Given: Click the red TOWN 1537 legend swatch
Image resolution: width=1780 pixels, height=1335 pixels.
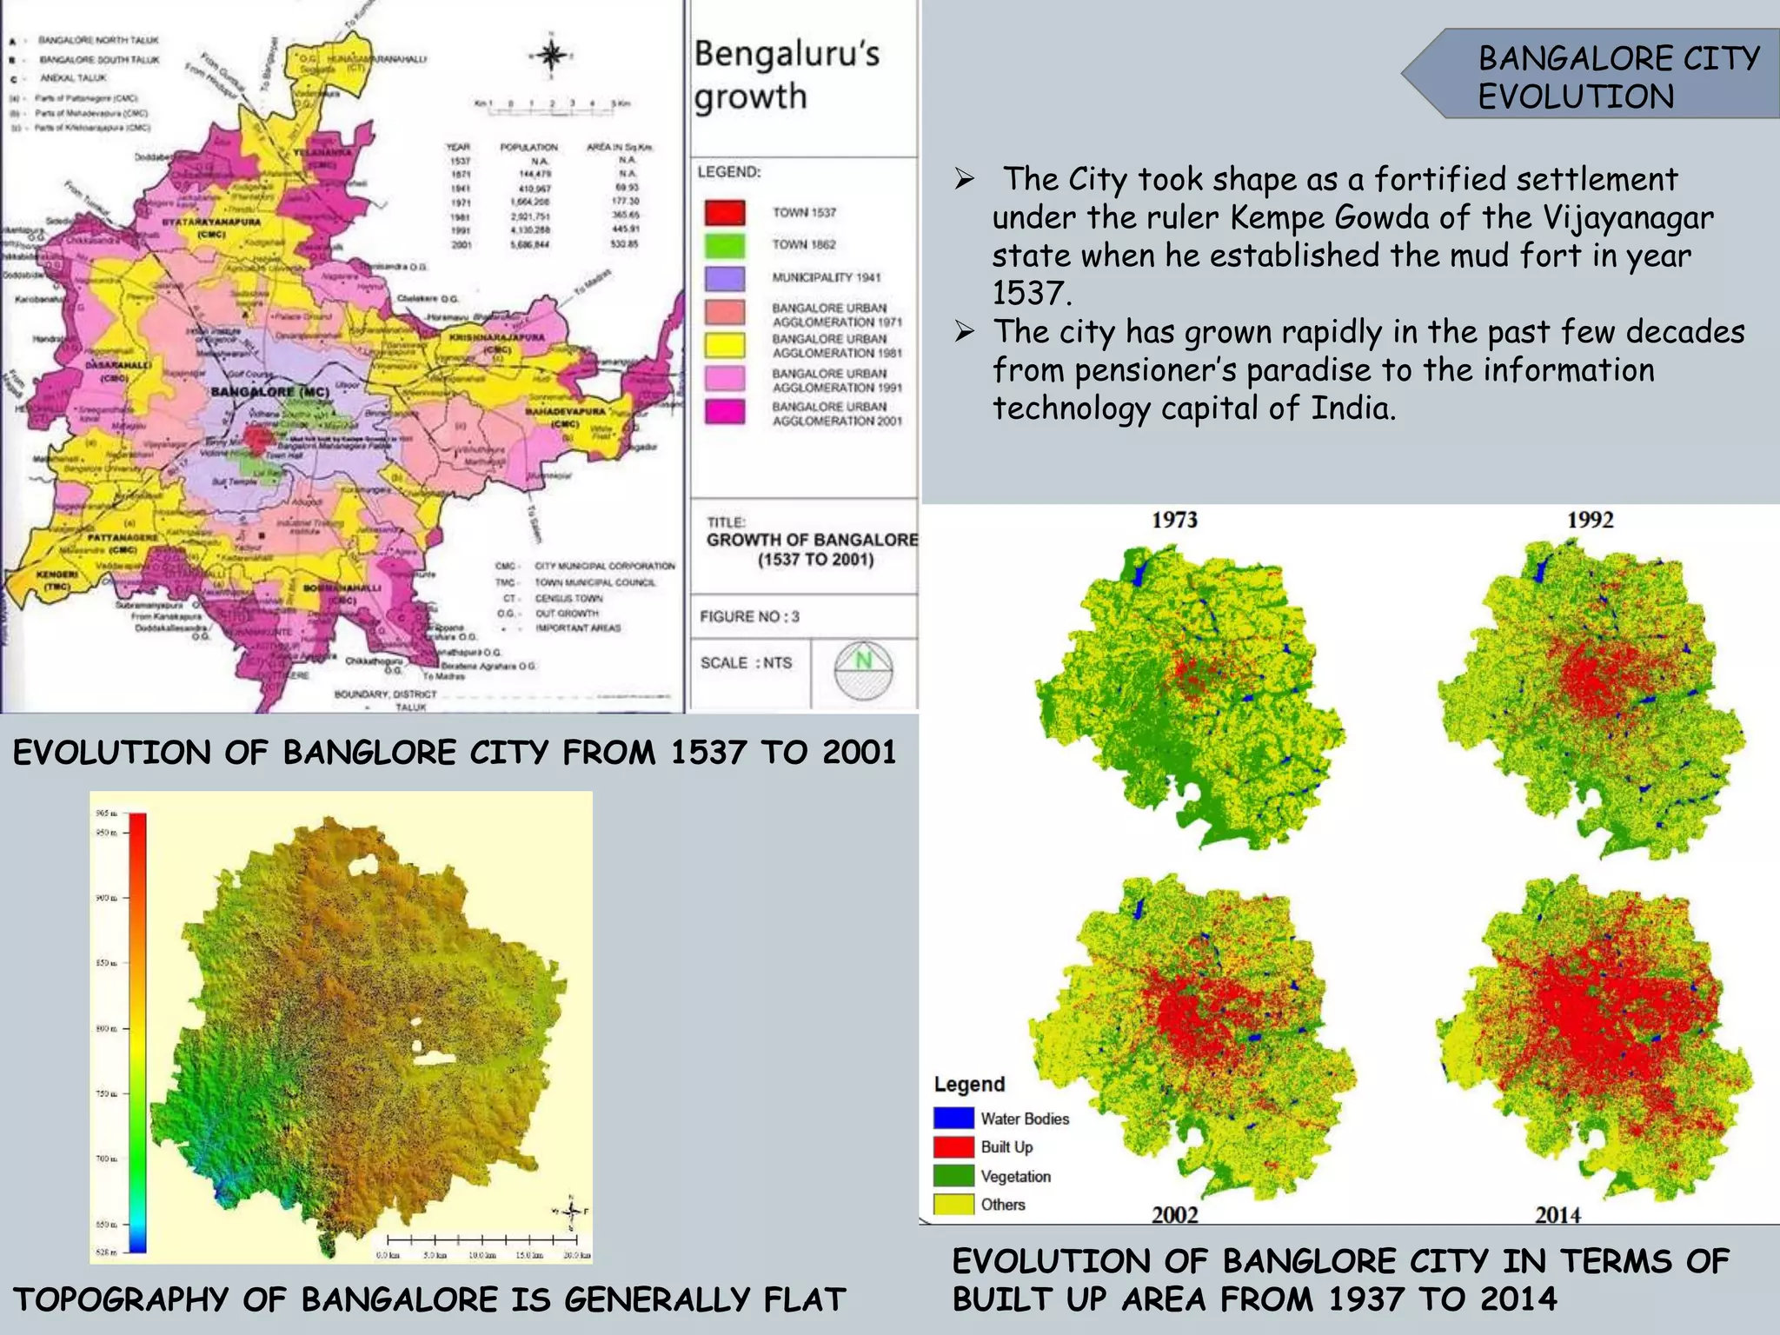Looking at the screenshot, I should pyautogui.click(x=725, y=213).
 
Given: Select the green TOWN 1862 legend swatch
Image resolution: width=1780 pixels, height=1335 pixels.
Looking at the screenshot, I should pyautogui.click(x=725, y=246).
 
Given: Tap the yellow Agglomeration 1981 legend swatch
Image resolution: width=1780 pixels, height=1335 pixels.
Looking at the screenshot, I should pyautogui.click(x=725, y=345).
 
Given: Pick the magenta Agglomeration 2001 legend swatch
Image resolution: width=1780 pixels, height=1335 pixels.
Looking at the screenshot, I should pyautogui.click(x=725, y=412).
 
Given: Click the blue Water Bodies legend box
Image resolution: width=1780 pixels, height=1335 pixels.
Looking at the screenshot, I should pyautogui.click(x=953, y=1118).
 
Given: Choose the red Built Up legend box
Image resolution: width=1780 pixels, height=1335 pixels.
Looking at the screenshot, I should pyautogui.click(x=953, y=1146).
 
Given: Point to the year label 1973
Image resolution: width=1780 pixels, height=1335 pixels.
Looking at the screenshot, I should pyautogui.click(x=1174, y=520).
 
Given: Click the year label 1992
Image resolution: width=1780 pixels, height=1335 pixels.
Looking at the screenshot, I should pyautogui.click(x=1590, y=520).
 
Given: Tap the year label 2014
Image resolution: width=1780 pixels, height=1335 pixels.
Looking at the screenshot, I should pyautogui.click(x=1557, y=1214).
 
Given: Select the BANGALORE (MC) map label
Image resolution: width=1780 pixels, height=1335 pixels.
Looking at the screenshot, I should pyautogui.click(x=270, y=392).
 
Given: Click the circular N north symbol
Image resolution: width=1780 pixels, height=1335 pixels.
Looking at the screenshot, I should pyautogui.click(x=863, y=670).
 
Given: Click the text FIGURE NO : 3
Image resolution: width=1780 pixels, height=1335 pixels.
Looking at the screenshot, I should pyautogui.click(x=749, y=616).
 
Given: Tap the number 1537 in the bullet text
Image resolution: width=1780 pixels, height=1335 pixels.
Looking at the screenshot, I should pyautogui.click(x=1029, y=294).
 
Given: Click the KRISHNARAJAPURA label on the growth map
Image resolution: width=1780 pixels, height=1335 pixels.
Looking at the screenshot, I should pyautogui.click(x=497, y=337).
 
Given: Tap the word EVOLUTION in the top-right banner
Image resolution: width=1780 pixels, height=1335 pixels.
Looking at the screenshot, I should pyautogui.click(x=1576, y=96).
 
